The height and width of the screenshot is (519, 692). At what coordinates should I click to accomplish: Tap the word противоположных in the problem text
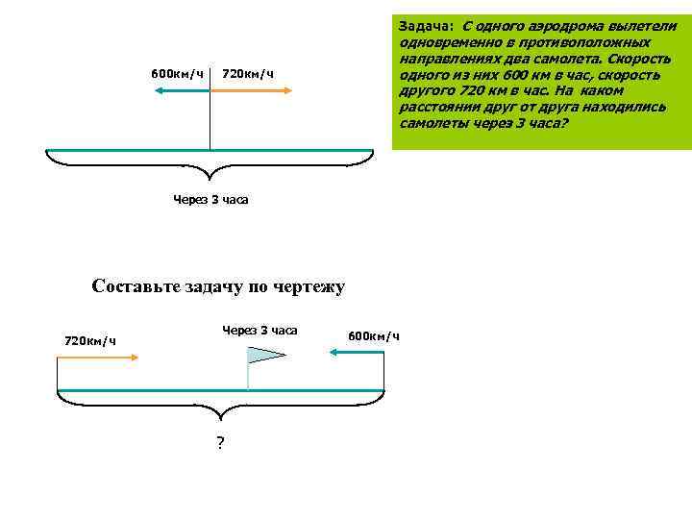pyautogui.click(x=597, y=42)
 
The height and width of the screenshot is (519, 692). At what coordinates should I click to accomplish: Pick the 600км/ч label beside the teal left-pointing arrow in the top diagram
pyautogui.click(x=177, y=74)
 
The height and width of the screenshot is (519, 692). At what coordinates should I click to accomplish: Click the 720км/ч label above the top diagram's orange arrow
pyautogui.click(x=248, y=74)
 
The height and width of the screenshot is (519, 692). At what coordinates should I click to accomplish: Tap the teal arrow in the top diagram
pyautogui.click(x=182, y=90)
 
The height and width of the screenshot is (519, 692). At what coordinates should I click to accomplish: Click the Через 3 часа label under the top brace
pyautogui.click(x=210, y=199)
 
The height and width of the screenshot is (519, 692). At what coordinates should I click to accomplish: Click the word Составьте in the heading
pyautogui.click(x=135, y=286)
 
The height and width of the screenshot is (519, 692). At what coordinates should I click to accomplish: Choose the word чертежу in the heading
pyautogui.click(x=312, y=286)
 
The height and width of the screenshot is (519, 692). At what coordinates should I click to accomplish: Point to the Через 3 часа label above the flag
pyautogui.click(x=259, y=330)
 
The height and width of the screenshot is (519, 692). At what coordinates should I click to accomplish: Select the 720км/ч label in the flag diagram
pyautogui.click(x=90, y=339)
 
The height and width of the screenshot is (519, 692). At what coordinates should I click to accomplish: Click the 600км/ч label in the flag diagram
pyautogui.click(x=373, y=335)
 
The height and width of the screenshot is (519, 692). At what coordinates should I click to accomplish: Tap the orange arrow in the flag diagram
pyautogui.click(x=98, y=356)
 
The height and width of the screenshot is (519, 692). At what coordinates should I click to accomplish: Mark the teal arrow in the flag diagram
pyautogui.click(x=357, y=353)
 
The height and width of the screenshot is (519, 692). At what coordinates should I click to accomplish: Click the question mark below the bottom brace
pyautogui.click(x=220, y=443)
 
